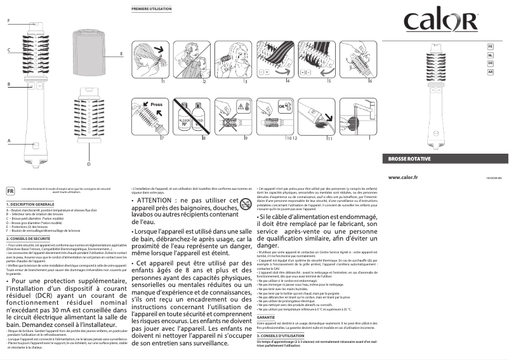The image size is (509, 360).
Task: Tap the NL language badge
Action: [x=490, y=55]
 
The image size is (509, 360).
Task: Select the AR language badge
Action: [x=490, y=72]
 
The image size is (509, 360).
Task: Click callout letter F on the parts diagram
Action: [x=8, y=22]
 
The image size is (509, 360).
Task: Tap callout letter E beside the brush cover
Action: [x=121, y=55]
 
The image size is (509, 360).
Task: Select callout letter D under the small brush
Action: [x=88, y=164]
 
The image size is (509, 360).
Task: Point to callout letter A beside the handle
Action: [x=8, y=140]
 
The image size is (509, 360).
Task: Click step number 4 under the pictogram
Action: [x=288, y=83]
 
